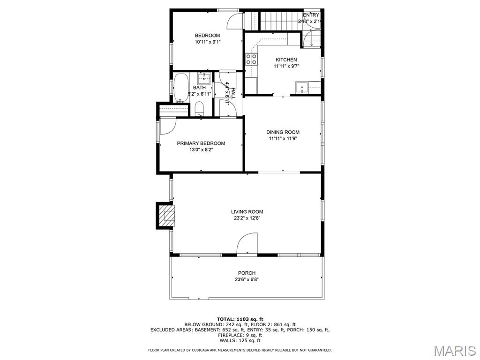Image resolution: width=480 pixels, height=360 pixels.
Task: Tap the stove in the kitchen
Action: pyautogui.click(x=251, y=59)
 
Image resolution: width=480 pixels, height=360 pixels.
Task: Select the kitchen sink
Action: pyautogui.click(x=302, y=87)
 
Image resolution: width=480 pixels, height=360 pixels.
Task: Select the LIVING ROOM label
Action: pyautogui.click(x=247, y=212)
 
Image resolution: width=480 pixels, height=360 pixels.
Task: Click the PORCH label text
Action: pyautogui.click(x=247, y=273)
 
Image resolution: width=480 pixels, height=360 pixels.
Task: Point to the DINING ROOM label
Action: pyautogui.click(x=283, y=132)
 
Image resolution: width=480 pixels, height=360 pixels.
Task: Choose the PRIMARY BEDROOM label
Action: pyautogui.click(x=201, y=143)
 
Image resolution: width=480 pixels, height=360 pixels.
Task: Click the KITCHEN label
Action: pyautogui.click(x=286, y=60)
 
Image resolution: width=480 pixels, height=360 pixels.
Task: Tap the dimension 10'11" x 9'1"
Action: pyautogui.click(x=207, y=42)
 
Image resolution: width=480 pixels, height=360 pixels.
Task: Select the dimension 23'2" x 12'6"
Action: pyautogui.click(x=247, y=218)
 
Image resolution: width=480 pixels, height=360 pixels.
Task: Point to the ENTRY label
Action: pyautogui.click(x=311, y=15)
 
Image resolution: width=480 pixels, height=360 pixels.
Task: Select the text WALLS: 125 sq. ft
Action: pyautogui.click(x=240, y=341)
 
